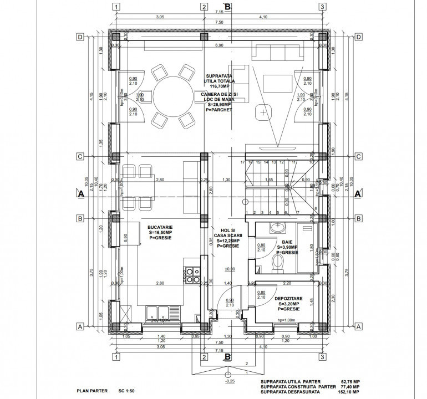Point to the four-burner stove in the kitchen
click(194, 275)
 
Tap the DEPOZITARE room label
click(288, 299)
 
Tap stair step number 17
click(243, 162)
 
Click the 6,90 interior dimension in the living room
click(219, 44)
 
